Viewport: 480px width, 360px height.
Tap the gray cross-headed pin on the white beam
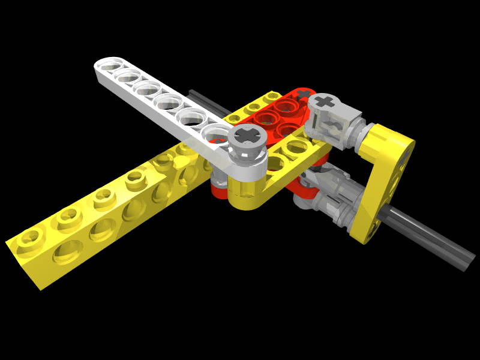click(x=247, y=139)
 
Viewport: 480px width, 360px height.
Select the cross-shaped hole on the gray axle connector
click(x=325, y=101)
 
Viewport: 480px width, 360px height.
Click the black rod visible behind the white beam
click(x=207, y=101)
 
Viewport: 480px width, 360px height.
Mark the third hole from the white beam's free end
click(x=147, y=88)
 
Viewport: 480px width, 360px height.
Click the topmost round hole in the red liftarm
click(x=286, y=105)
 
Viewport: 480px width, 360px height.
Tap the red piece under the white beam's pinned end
click(x=219, y=190)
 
